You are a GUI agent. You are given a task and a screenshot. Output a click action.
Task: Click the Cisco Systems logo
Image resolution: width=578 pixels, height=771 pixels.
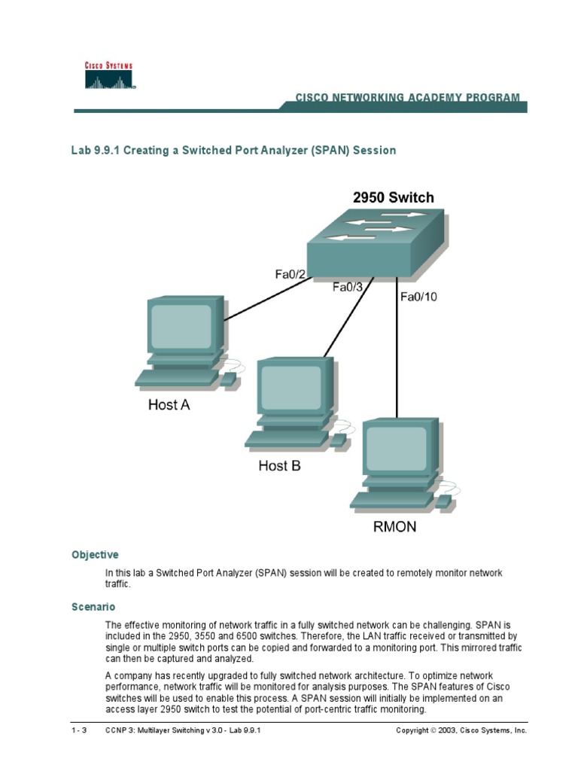108,76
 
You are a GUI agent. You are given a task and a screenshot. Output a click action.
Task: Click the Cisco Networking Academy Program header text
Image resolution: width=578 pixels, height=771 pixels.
406,98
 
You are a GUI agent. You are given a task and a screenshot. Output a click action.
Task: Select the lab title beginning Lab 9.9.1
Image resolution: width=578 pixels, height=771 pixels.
233,151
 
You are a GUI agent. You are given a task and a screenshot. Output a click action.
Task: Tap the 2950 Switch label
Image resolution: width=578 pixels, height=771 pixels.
393,198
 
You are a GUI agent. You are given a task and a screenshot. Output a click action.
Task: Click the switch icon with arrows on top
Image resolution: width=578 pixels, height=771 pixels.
376,241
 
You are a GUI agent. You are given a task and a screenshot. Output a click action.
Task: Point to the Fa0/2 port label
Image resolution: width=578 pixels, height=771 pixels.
290,275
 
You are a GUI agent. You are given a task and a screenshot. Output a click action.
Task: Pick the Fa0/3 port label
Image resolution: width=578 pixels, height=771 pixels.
348,286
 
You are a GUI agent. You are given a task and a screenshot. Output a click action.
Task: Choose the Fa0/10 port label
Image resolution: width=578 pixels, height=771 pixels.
418,297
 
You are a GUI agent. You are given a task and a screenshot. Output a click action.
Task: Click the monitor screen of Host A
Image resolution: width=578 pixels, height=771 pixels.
181,325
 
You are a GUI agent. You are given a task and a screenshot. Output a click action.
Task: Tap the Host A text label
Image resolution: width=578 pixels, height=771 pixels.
169,405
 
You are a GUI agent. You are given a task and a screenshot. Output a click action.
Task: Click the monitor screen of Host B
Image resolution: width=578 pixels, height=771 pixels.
291,387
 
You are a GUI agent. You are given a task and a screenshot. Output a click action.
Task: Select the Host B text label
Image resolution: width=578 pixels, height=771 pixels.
279,466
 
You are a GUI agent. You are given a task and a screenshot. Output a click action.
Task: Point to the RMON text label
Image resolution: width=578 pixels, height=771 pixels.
394,527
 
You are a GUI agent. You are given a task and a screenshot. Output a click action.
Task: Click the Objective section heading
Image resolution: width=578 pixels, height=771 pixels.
95,555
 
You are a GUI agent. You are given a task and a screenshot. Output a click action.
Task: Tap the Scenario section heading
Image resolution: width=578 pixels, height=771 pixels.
93,606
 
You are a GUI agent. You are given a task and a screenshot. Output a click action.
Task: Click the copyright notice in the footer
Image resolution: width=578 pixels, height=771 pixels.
461,730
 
